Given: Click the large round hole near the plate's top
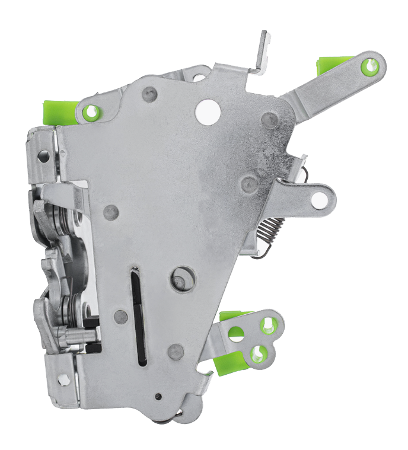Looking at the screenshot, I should (x=208, y=111).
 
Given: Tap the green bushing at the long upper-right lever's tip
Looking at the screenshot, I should (x=371, y=66).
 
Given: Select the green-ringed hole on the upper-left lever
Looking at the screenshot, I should (x=91, y=111).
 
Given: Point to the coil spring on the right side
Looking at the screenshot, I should (x=272, y=227).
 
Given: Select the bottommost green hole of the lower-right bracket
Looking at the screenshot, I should (x=257, y=355).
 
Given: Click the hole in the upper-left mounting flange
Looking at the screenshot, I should (x=43, y=156).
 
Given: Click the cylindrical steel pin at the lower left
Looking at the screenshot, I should (x=78, y=337).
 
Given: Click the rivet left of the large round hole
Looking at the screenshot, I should (x=149, y=94).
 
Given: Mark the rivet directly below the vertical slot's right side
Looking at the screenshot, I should (x=176, y=352).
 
